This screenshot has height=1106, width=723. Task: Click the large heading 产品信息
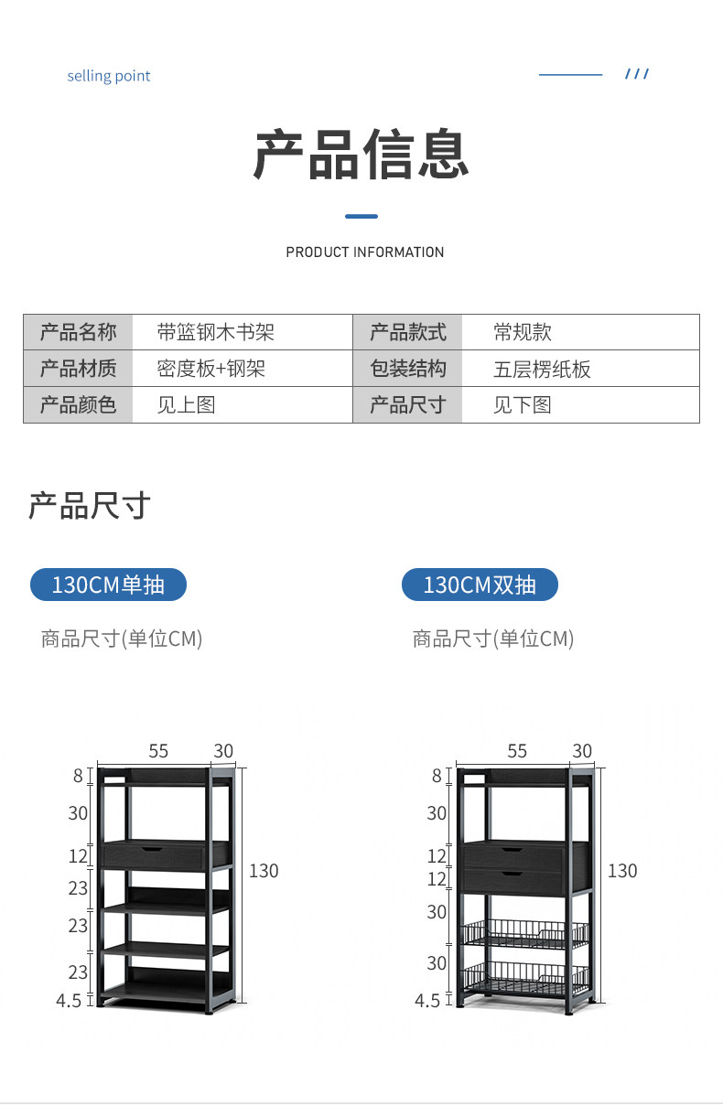click(x=361, y=154)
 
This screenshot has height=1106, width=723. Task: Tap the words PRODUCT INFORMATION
click(x=364, y=252)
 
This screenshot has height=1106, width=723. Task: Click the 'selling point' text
click(x=108, y=76)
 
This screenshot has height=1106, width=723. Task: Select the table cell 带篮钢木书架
click(x=215, y=332)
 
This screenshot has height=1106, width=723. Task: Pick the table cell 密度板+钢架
click(x=210, y=369)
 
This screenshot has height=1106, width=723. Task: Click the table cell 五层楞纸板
click(x=542, y=369)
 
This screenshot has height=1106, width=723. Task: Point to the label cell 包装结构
click(x=407, y=369)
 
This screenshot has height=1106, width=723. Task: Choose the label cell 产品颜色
click(x=78, y=404)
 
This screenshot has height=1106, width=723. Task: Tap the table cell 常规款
click(x=522, y=332)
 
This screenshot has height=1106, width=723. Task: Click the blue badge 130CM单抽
click(x=108, y=585)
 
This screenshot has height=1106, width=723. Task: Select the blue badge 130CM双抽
click(x=480, y=585)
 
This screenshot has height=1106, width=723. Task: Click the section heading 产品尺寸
click(x=89, y=506)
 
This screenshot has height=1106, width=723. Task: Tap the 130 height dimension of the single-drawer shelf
click(x=264, y=871)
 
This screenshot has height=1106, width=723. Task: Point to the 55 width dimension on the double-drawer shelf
click(x=517, y=751)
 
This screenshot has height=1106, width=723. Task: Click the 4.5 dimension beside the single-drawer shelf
click(x=69, y=1001)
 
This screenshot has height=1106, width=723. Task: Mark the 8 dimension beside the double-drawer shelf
click(x=437, y=776)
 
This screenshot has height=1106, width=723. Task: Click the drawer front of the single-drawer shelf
click(x=153, y=857)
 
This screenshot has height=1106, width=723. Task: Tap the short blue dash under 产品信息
click(x=361, y=217)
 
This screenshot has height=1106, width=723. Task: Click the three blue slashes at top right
click(x=637, y=74)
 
